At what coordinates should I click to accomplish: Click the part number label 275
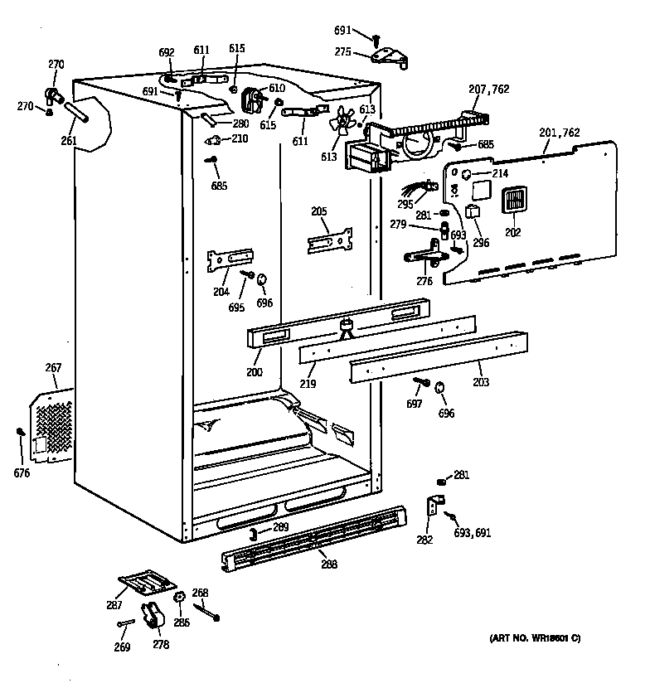tap(343, 51)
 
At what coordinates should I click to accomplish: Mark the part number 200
tap(254, 372)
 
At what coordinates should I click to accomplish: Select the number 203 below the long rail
tap(481, 383)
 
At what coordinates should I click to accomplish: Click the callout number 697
tap(414, 404)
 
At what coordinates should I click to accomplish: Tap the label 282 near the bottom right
tap(424, 540)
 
